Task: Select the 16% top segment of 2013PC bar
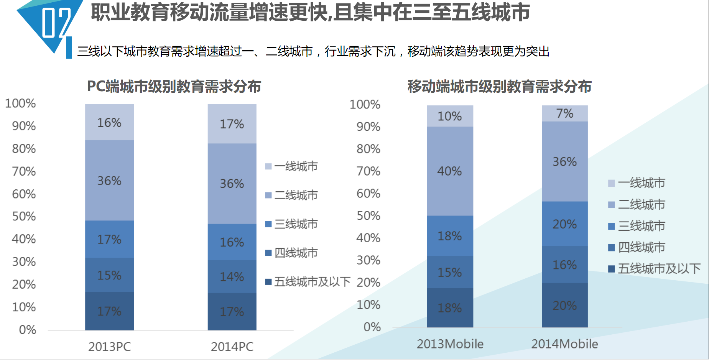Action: pyautogui.click(x=109, y=122)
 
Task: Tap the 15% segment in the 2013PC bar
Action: pyautogui.click(x=109, y=275)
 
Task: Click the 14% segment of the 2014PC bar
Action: pyautogui.click(x=232, y=276)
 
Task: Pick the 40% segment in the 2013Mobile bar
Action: pyautogui.click(x=450, y=171)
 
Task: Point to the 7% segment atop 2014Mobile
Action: pyautogui.click(x=564, y=113)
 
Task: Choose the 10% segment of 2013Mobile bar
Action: pyautogui.click(x=450, y=116)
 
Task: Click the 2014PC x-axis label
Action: pyautogui.click(x=232, y=347)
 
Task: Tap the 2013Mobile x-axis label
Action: pyautogui.click(x=450, y=344)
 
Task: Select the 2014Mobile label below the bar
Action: pyautogui.click(x=564, y=344)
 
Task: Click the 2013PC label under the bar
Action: pyautogui.click(x=109, y=347)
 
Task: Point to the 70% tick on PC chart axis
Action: pyautogui.click(x=24, y=171)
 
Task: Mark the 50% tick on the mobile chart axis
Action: pyautogui.click(x=368, y=215)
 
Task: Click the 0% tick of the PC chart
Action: pyautogui.click(x=28, y=330)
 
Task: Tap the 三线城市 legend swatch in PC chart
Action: pyautogui.click(x=268, y=224)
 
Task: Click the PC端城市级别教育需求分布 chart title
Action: pyautogui.click(x=174, y=87)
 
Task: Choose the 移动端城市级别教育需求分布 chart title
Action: pyautogui.click(x=499, y=87)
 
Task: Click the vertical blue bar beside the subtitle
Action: pyautogui.click(x=69, y=48)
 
